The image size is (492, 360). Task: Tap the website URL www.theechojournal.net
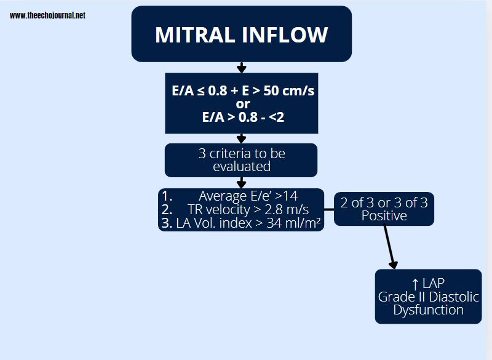[47, 15]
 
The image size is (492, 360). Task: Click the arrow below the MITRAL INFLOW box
[242, 67]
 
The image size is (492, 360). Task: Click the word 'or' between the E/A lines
[243, 103]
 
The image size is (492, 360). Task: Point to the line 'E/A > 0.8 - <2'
[243, 116]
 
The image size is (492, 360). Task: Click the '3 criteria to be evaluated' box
[241, 160]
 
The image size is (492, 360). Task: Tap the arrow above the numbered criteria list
[242, 182]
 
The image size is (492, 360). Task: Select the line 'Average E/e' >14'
[248, 196]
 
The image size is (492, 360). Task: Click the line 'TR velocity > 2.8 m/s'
[247, 210]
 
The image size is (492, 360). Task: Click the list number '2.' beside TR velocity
[167, 210]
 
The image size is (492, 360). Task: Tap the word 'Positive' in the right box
[384, 216]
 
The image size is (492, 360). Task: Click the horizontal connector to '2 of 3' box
[329, 209]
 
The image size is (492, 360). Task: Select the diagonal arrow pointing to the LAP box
[389, 246]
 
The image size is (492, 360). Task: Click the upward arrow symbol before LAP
[415, 284]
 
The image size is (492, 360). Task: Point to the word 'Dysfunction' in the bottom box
[428, 310]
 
